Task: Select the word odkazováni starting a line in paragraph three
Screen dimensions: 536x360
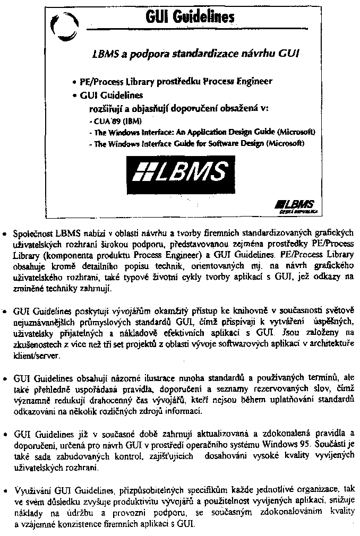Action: pos(36,412)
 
